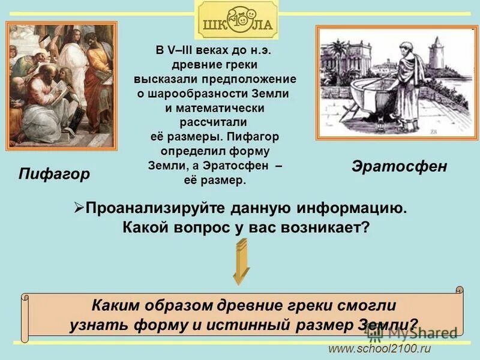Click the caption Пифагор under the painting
point(54,174)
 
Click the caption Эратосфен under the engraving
point(399,166)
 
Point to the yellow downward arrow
point(241,262)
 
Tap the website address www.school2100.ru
point(379,349)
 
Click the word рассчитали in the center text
point(215,122)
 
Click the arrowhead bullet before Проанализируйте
point(78,208)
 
